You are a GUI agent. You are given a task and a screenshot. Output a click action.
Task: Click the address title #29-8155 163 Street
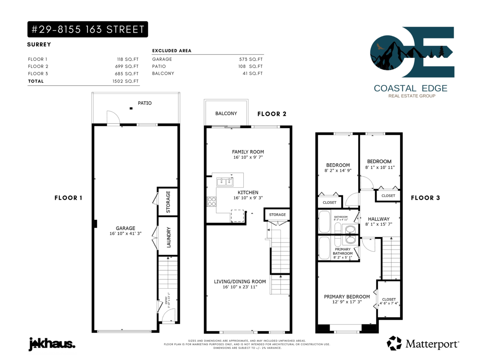(88, 29)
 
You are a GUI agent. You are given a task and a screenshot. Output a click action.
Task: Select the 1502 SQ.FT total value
(125, 81)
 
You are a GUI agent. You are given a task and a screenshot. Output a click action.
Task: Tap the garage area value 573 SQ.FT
(251, 59)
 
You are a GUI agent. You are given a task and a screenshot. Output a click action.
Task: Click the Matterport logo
(423, 344)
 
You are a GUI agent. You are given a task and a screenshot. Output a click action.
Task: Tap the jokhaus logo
(52, 344)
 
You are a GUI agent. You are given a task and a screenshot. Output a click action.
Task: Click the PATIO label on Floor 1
(145, 103)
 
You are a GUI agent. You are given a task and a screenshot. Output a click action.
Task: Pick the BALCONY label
(226, 113)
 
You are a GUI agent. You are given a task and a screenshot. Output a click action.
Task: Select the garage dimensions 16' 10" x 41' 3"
(125, 233)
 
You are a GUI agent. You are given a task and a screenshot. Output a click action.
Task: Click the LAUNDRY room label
(169, 237)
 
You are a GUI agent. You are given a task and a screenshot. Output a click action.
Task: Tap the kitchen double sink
(225, 182)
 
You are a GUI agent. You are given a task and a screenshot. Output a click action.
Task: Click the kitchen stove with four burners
(212, 202)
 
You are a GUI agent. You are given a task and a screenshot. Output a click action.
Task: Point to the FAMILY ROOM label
(248, 152)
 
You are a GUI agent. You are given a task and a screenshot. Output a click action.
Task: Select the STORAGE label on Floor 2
(277, 215)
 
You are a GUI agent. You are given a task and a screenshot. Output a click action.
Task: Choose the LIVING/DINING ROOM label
(240, 282)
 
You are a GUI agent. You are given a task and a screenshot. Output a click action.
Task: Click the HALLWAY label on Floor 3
(379, 219)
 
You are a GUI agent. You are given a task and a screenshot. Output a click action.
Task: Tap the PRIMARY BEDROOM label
(347, 297)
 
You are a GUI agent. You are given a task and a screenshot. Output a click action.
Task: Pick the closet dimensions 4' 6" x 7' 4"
(389, 304)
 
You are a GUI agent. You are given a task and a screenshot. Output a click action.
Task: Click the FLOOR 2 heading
(272, 114)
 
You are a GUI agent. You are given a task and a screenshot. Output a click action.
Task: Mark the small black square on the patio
(131, 108)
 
